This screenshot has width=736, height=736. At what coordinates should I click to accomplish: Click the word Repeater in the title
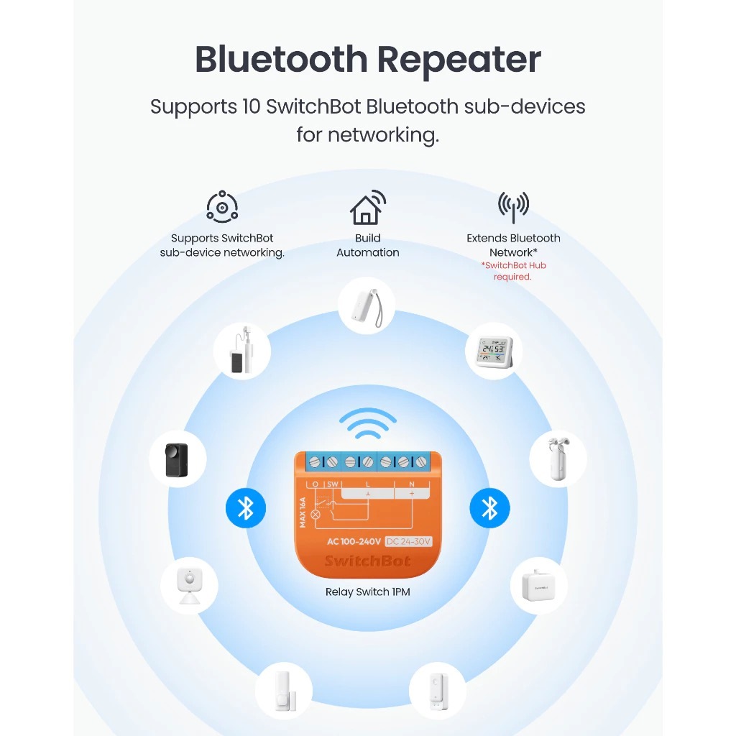click(x=457, y=60)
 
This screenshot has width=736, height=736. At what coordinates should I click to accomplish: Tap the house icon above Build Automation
click(x=367, y=208)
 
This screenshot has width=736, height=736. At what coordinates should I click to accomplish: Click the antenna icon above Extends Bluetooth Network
click(x=513, y=207)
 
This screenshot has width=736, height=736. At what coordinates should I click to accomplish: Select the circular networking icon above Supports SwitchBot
click(x=222, y=207)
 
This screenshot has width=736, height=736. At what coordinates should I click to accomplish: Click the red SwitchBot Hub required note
click(x=513, y=271)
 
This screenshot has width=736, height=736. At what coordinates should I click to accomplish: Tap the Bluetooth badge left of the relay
click(x=246, y=508)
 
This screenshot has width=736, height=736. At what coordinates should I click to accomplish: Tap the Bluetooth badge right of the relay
click(x=489, y=508)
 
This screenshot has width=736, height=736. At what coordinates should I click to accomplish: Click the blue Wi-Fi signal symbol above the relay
click(x=367, y=424)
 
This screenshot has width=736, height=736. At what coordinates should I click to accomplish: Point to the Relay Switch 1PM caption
click(x=367, y=592)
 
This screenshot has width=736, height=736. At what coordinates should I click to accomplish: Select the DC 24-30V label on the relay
click(x=408, y=541)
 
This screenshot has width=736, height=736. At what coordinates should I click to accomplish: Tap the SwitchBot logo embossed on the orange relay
click(x=367, y=561)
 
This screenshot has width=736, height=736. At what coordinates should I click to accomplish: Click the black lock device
click(x=177, y=460)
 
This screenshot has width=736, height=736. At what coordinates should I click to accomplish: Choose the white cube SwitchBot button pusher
click(x=538, y=586)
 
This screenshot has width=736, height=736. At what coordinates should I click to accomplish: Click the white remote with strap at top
click(x=366, y=305)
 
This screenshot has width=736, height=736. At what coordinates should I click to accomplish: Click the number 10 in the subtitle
click(x=249, y=107)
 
